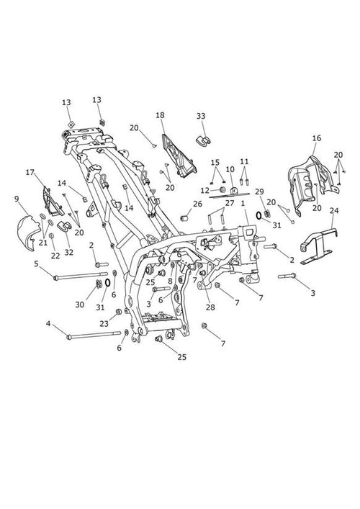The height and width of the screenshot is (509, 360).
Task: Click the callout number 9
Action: (x=17, y=199)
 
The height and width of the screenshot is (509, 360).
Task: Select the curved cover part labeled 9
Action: (x=25, y=232)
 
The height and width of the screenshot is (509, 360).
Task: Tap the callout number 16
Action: (x=317, y=138)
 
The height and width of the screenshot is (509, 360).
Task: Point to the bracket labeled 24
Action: (x=319, y=246)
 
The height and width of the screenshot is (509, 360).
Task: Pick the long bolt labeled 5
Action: (x=81, y=276)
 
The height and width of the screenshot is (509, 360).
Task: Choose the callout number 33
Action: (x=201, y=116)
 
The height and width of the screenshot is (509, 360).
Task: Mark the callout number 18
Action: (x=160, y=115)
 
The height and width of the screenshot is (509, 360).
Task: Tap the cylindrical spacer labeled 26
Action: (x=185, y=218)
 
